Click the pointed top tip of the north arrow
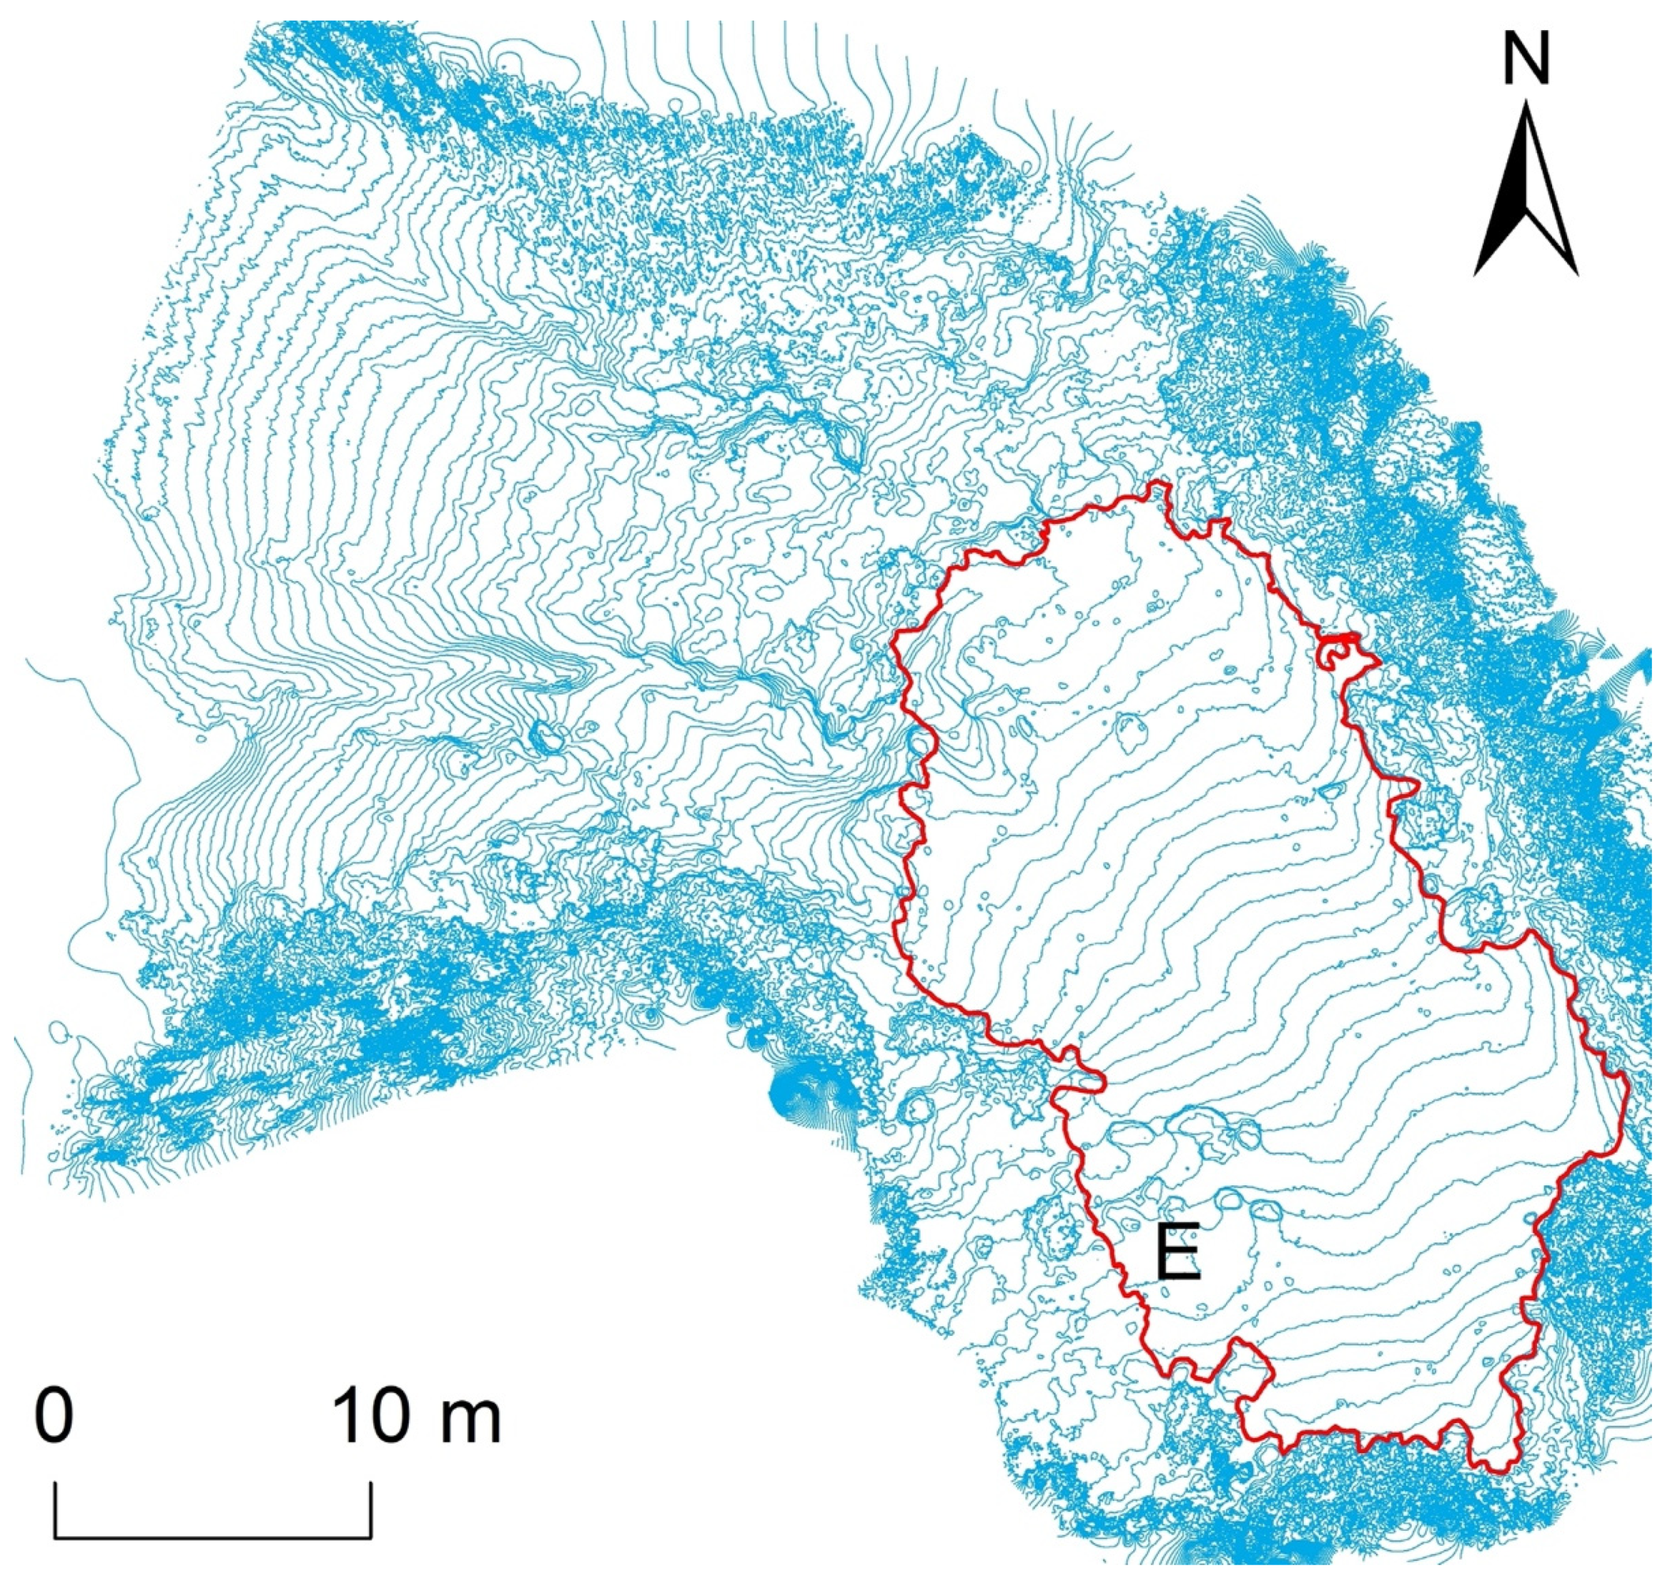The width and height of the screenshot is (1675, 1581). [x=1526, y=103]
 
